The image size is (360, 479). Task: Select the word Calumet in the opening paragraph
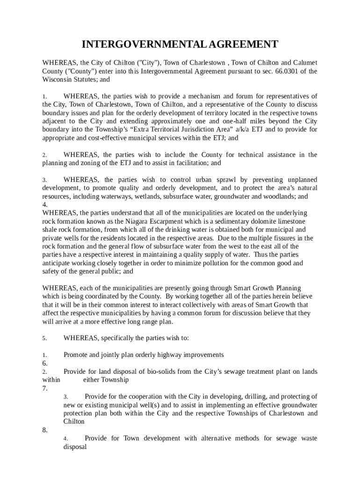pos(305,63)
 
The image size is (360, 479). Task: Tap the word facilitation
pos(190,163)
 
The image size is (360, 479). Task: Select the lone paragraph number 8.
pos(45,430)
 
